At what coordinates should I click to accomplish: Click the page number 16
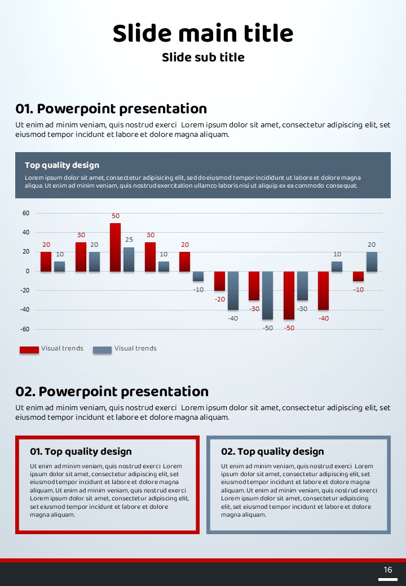[x=388, y=570]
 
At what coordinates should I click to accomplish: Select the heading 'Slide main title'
[x=203, y=33]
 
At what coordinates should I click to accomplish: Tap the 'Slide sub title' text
[x=203, y=57]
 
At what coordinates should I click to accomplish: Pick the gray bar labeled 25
[x=129, y=259]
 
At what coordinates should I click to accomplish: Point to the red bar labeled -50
[x=289, y=295]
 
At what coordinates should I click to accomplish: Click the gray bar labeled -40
[x=233, y=290]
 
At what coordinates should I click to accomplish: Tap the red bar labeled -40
[x=323, y=290]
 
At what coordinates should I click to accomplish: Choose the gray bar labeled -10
[x=198, y=276]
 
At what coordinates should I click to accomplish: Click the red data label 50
[x=116, y=216]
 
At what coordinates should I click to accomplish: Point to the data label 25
[x=129, y=240]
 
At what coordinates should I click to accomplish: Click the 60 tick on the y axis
[x=26, y=214]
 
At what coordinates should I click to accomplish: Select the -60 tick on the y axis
[x=25, y=328]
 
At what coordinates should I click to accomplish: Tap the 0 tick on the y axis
[x=27, y=271]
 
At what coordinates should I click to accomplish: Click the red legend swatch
[x=29, y=349]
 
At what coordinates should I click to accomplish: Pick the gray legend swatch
[x=102, y=349]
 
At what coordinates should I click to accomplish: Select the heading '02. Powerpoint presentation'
[x=112, y=392]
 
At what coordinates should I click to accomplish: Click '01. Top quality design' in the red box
[x=81, y=451]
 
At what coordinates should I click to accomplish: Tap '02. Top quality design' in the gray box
[x=272, y=451]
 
